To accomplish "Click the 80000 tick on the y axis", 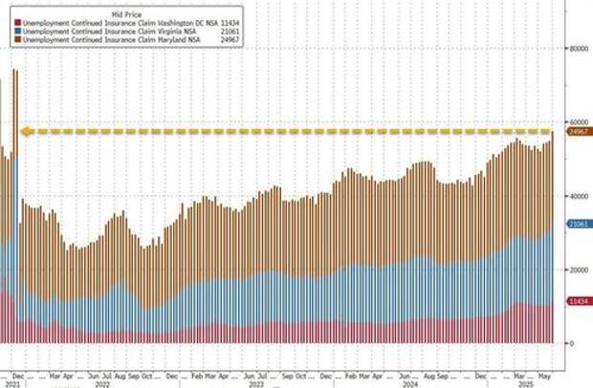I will pyautogui.click(x=577, y=47).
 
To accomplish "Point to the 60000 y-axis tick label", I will pyautogui.click(x=577, y=121).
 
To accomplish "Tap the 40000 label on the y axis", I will pyautogui.click(x=577, y=195).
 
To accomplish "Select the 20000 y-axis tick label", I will pyautogui.click(x=577, y=269).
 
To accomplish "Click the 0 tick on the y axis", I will pyautogui.click(x=570, y=343).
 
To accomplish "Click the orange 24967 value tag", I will pyautogui.click(x=577, y=133).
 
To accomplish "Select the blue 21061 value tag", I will pyautogui.click(x=577, y=224).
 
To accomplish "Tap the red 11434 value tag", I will pyautogui.click(x=577, y=301).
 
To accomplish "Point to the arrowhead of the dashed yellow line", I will pyautogui.click(x=27, y=132).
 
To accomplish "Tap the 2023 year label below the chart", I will pyautogui.click(x=256, y=384).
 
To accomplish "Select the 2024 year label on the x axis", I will pyautogui.click(x=408, y=384).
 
